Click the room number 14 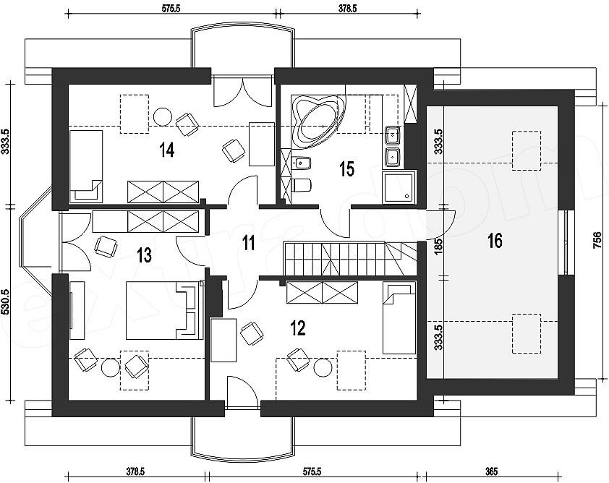coord(167,150)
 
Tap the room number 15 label coord(347,169)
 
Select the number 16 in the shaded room coord(495,241)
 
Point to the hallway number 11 coord(248,243)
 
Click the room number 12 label coord(298,328)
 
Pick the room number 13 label coord(144,255)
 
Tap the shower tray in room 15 coord(399,187)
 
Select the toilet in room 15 coord(302,184)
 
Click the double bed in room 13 coord(164,310)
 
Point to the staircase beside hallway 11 coord(350,259)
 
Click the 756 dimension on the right coord(597,240)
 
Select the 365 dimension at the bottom coord(492,471)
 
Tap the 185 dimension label coord(438,246)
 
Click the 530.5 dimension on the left coord(6,302)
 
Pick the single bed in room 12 coord(399,317)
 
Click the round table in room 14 coord(162,116)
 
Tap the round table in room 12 coord(323,367)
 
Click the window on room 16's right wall coord(566,243)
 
